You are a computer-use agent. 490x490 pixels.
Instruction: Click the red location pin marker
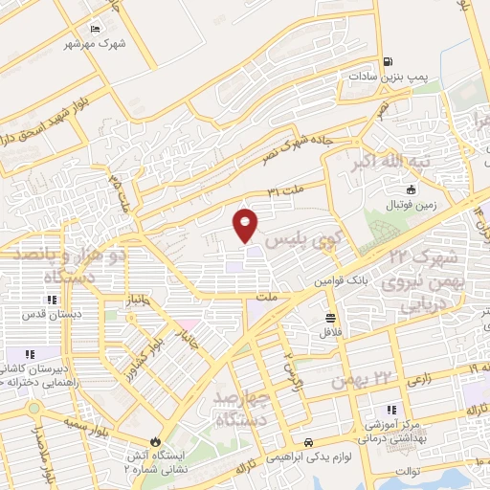tap(246, 223)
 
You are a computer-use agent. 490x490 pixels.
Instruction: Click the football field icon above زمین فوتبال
tap(412, 189)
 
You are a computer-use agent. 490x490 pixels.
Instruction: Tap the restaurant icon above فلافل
tap(330, 318)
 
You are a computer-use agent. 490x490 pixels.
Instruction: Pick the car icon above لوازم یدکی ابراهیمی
tap(308, 441)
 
